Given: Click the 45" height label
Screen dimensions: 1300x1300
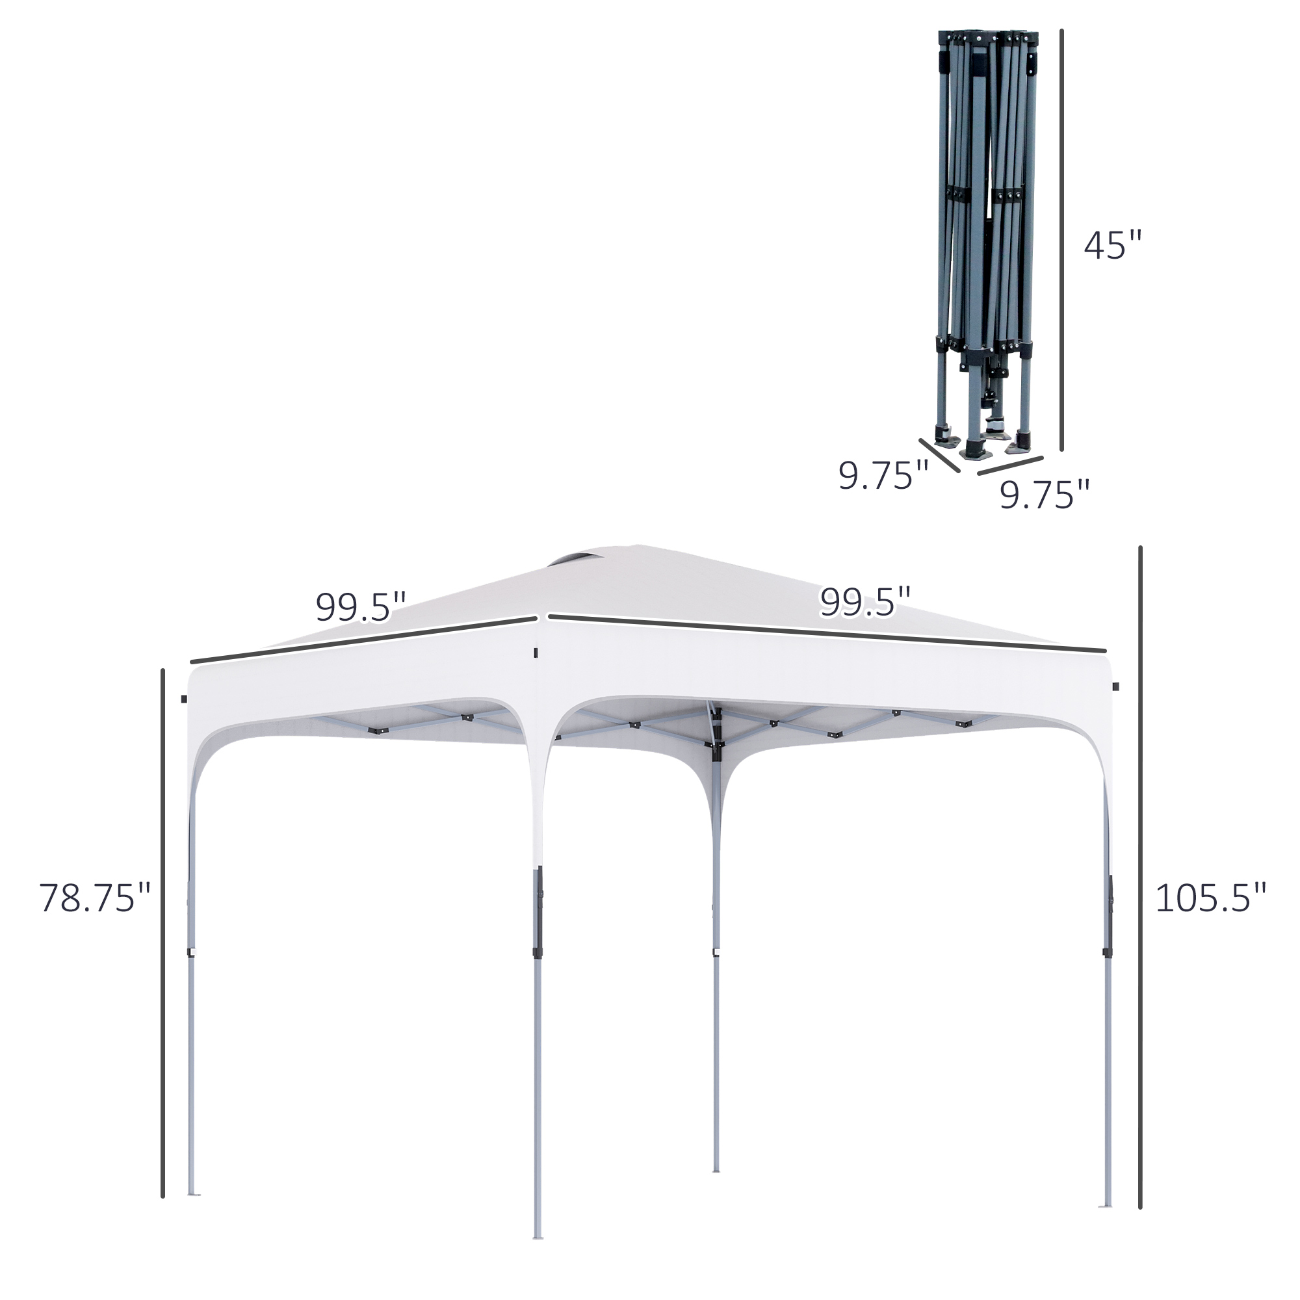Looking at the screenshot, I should click(1112, 246).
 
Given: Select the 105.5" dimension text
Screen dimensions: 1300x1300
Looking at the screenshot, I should click(1210, 898).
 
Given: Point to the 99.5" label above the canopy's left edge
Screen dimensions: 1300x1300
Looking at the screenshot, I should click(361, 607).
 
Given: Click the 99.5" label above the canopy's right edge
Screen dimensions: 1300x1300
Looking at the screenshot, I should click(864, 601).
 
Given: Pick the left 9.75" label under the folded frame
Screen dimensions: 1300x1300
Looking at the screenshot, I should click(883, 476).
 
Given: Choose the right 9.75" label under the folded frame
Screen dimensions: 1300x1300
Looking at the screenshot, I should click(1044, 495).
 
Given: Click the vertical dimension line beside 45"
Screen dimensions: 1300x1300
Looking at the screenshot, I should click(1062, 239).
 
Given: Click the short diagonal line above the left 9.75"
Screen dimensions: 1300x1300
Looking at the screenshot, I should click(939, 456).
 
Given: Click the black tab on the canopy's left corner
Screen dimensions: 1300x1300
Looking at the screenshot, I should click(184, 699).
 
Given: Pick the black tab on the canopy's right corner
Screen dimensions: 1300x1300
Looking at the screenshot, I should click(1115, 686).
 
